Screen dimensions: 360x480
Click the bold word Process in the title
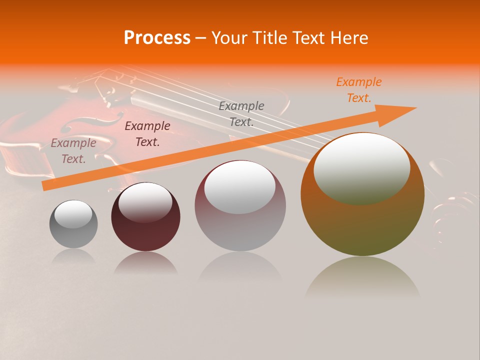click(x=157, y=38)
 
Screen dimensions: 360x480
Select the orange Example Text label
click(x=359, y=90)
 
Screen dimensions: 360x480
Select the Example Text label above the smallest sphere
click(x=73, y=151)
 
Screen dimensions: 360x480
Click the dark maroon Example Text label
click(x=147, y=134)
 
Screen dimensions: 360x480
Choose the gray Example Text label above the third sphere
click(x=241, y=113)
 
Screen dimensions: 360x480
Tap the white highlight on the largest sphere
click(x=362, y=167)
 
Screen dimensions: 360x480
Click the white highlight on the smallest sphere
click(x=73, y=214)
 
